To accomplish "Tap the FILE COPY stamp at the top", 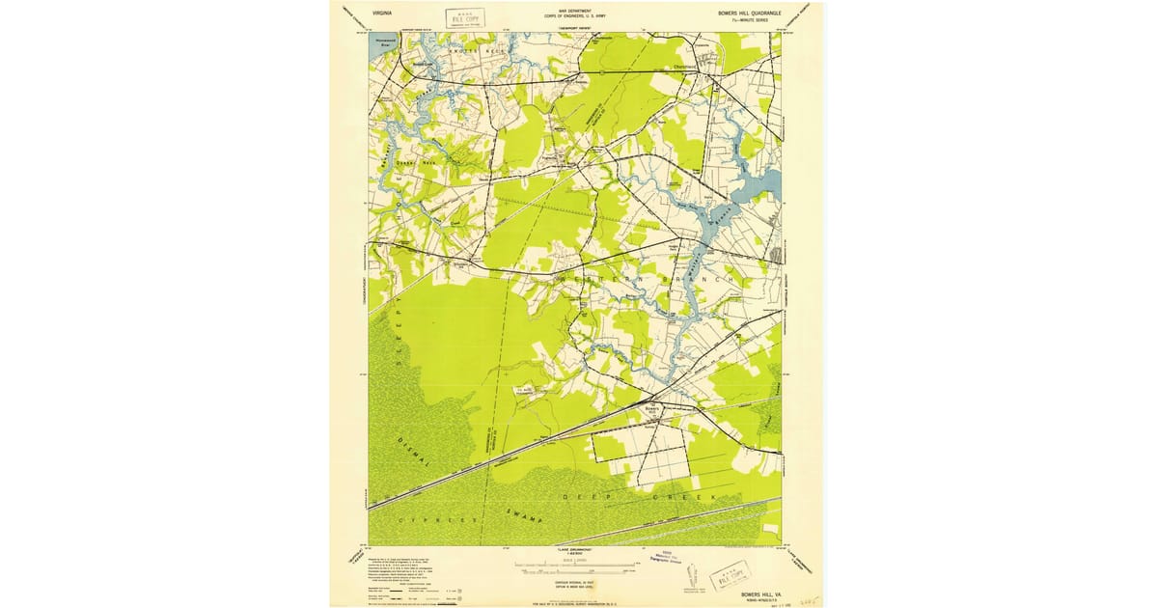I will click(x=466, y=17).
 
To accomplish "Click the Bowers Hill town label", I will click(x=652, y=409).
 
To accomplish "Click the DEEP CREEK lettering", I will click(x=637, y=496).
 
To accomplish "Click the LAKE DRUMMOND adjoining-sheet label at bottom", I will click(x=575, y=548).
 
